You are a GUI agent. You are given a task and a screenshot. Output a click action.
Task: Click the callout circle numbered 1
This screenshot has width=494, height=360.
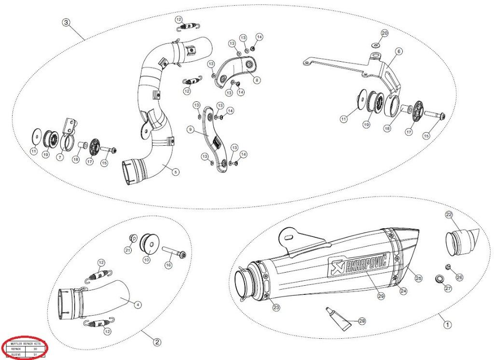(x=447, y=325)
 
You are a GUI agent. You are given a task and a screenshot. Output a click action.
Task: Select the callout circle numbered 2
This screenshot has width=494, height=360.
(x=157, y=342)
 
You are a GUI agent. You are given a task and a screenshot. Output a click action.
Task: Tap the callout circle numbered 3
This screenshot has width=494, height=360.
(x=66, y=22)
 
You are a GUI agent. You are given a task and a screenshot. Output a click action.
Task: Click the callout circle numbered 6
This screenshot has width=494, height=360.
(x=399, y=51)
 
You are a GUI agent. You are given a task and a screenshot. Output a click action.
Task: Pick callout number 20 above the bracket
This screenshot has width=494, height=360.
(x=384, y=33)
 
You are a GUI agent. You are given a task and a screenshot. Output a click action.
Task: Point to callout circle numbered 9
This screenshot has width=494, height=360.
(x=191, y=129)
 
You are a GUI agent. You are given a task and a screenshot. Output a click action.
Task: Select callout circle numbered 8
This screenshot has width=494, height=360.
(x=256, y=80)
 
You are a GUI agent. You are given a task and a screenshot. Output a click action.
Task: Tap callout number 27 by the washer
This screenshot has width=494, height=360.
(x=448, y=288)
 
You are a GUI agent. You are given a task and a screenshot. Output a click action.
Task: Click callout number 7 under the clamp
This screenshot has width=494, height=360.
(x=60, y=157)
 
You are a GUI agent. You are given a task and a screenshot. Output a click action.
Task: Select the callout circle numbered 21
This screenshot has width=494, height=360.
(x=128, y=250)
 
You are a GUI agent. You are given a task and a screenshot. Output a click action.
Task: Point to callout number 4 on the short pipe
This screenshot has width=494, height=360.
(x=137, y=305)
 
